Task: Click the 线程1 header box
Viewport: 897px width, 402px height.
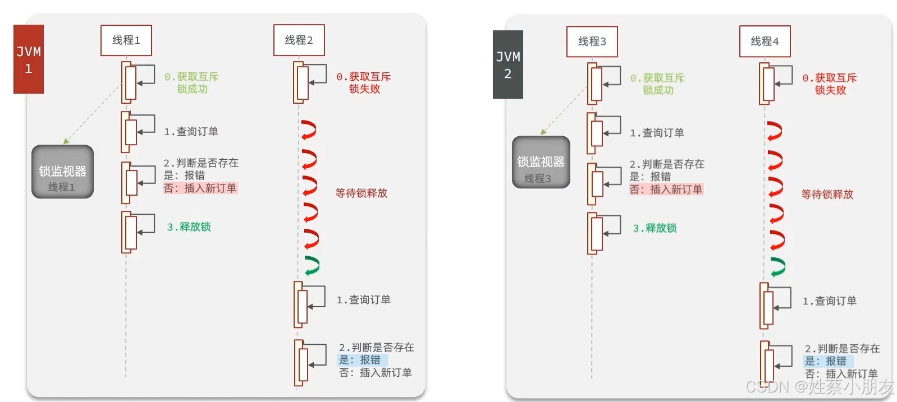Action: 126,40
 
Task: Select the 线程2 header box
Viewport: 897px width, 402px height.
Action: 299,40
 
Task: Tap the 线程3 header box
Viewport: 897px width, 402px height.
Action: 592,41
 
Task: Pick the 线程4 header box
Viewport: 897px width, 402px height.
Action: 765,41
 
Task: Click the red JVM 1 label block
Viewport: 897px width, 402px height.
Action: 29,59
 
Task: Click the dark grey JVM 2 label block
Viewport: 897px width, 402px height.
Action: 507,64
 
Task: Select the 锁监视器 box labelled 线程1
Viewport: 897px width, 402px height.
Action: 62,172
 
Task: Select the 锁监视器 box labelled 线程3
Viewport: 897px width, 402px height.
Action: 541,162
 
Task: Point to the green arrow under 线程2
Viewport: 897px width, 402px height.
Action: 312,266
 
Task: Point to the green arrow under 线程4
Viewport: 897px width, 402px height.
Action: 777,267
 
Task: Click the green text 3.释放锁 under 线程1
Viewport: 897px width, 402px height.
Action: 189,227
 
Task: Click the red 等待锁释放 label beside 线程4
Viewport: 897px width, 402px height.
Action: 827,195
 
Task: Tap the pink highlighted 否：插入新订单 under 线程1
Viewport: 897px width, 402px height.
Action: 200,188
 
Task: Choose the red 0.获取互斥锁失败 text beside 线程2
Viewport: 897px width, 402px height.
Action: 364,83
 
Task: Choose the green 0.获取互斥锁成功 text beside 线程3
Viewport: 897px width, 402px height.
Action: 657,84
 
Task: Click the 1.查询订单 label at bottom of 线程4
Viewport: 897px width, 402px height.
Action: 829,301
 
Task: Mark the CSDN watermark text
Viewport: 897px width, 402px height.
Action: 820,386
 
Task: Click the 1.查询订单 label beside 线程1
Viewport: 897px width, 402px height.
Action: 191,132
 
